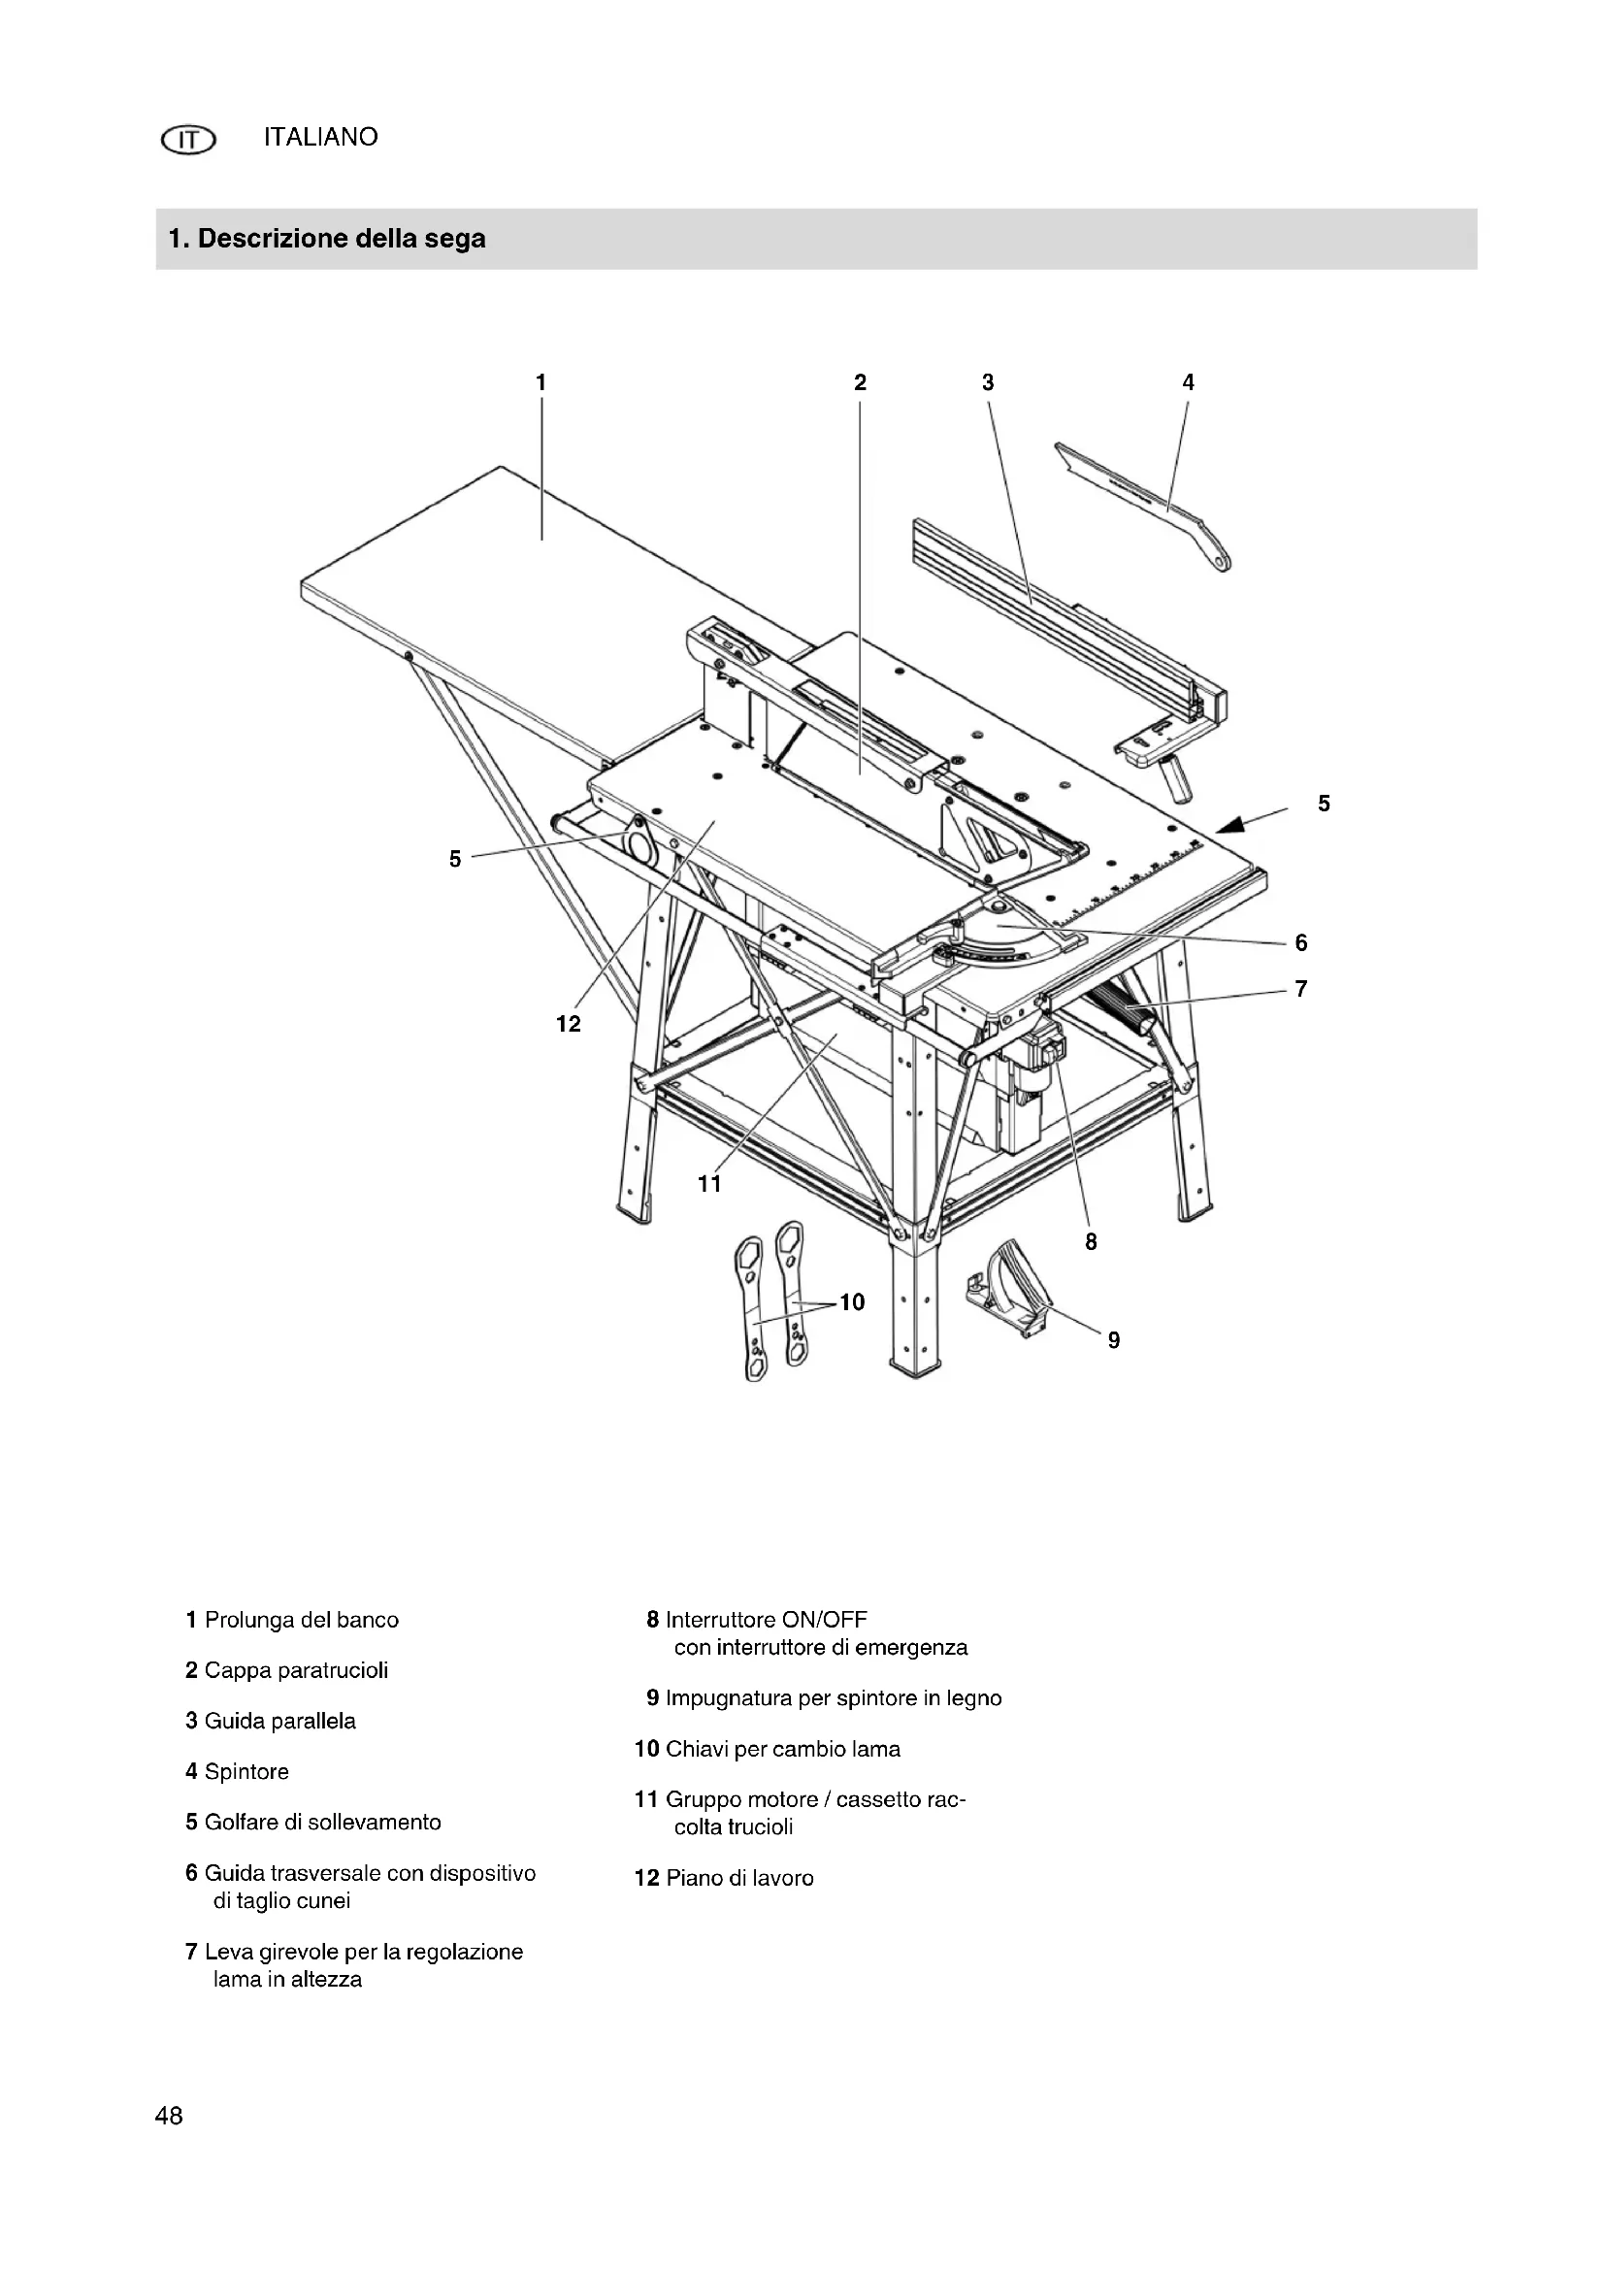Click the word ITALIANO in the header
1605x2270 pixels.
[320, 138]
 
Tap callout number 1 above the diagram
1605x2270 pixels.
[540, 381]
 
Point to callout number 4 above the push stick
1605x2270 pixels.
[1188, 381]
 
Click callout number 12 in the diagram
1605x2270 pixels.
[569, 1024]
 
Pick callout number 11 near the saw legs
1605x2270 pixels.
[709, 1182]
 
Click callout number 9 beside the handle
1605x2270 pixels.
[1114, 1339]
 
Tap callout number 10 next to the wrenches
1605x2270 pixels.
[852, 1302]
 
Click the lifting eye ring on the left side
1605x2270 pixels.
[637, 841]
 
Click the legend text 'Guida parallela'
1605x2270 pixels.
[279, 1721]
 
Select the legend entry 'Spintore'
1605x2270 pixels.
[246, 1771]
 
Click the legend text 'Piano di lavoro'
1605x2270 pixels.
[739, 1878]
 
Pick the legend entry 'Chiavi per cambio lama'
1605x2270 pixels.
[783, 1749]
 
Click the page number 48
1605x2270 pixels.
[169, 2115]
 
